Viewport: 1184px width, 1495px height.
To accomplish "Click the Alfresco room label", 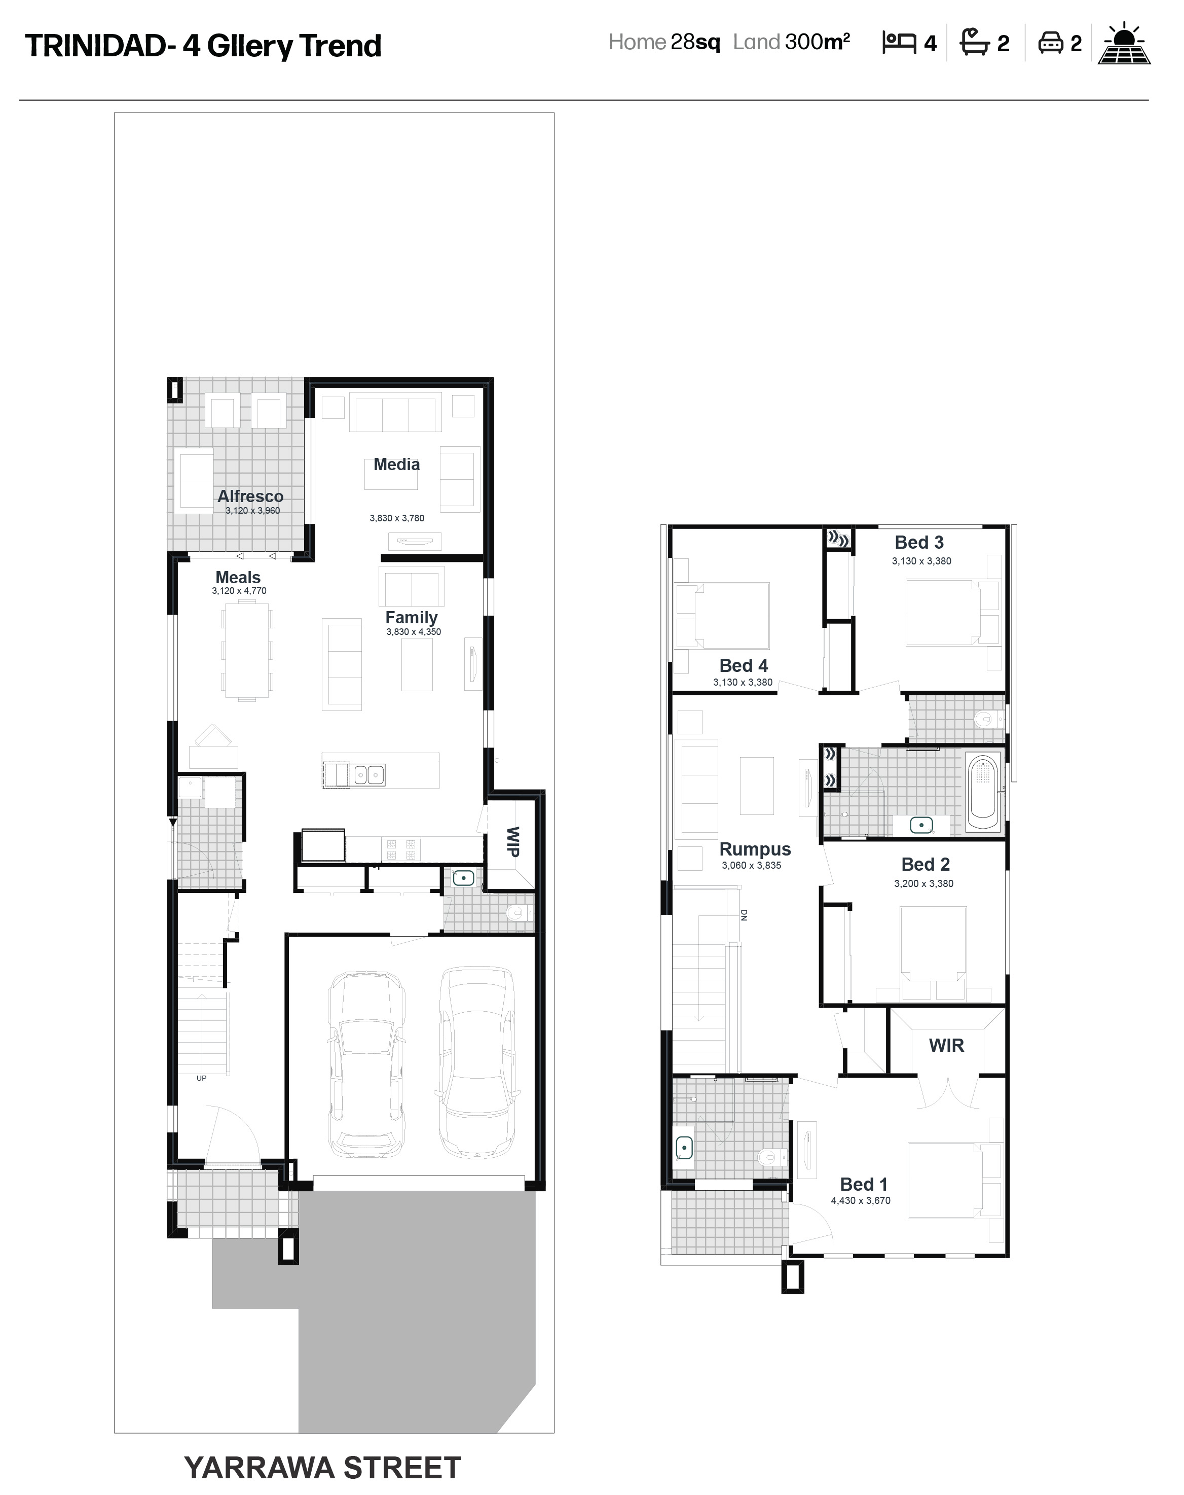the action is click(x=250, y=496).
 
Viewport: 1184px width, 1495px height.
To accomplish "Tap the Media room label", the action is click(x=396, y=465).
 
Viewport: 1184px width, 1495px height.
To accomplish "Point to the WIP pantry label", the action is click(x=513, y=842).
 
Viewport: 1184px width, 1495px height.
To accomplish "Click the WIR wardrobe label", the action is click(x=946, y=1046).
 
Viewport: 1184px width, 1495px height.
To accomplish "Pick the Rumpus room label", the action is click(x=755, y=849).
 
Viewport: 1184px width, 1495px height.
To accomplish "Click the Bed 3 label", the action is click(x=919, y=542).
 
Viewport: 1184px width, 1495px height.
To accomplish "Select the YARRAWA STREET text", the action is click(x=322, y=1468).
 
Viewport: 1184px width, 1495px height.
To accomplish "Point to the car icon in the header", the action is click(x=1050, y=43).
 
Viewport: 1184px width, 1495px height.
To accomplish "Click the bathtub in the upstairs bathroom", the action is click(x=982, y=794).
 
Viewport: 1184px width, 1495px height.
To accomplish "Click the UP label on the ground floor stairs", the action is click(x=201, y=1078).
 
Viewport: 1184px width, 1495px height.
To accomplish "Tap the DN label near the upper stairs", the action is click(x=744, y=915).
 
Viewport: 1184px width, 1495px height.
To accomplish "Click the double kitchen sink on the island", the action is click(x=369, y=774).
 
